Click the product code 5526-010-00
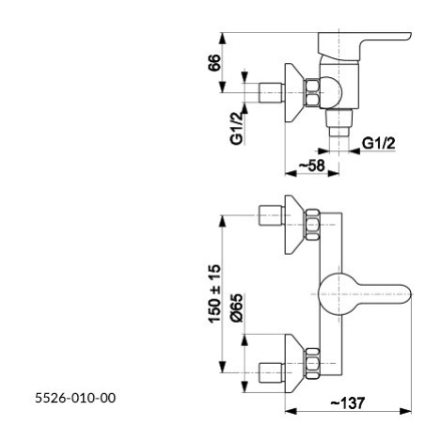75,398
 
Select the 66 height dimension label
214,63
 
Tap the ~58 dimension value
311,166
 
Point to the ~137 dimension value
348,403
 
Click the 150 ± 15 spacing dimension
214,293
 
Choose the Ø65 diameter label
236,308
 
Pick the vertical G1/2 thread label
237,128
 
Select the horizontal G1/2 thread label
379,144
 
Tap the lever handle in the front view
364,294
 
